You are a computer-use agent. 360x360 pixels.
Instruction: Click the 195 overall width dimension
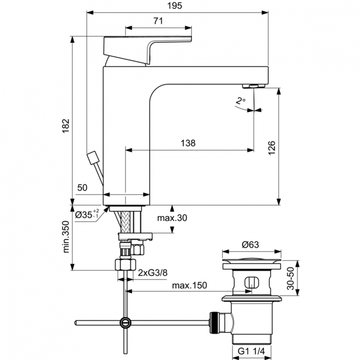click(x=177, y=5)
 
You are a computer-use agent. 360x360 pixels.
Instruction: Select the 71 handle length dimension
click(x=158, y=21)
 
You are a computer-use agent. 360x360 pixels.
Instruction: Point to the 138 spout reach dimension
click(x=188, y=143)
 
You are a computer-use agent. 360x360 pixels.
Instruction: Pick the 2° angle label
click(x=240, y=101)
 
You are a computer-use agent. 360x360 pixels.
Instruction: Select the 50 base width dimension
click(x=82, y=188)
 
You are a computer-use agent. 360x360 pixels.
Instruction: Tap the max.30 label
click(x=172, y=218)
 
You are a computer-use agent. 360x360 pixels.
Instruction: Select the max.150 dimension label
click(x=190, y=285)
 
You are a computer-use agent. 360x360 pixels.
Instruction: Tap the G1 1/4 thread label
click(x=251, y=351)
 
